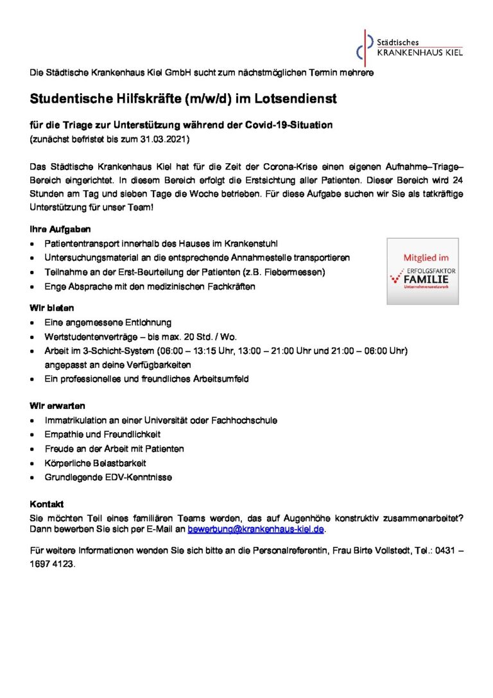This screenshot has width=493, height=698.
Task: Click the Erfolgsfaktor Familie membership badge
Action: (422, 270)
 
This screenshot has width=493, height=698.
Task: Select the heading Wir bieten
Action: (52, 308)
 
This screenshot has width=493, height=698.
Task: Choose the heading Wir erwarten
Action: (58, 406)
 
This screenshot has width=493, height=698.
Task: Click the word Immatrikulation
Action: (76, 421)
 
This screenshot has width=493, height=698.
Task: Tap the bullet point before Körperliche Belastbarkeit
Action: (33, 463)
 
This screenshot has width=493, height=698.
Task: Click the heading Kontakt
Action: (47, 504)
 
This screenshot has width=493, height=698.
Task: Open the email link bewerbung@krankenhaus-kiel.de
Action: (256, 529)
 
